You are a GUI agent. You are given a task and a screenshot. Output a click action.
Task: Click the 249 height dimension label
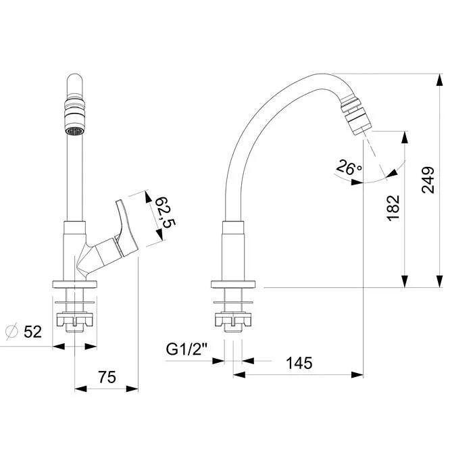coord(428,180)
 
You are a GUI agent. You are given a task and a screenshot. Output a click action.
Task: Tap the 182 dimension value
coord(393,208)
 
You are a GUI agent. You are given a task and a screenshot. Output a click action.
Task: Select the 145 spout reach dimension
coord(299,363)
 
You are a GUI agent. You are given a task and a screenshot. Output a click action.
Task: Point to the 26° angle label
coord(349,167)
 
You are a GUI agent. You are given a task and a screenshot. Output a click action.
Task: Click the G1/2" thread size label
coord(186,349)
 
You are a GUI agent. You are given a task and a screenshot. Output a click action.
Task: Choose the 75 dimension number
coord(107,377)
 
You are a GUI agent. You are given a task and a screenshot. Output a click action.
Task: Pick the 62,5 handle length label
coord(165,212)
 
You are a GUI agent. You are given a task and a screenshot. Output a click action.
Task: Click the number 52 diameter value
coord(32,332)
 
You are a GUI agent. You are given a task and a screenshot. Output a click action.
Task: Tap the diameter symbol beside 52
coord(12,331)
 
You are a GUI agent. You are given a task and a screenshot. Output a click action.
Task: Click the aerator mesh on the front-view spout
coord(74,131)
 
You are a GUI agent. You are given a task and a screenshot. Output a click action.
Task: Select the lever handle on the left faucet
coord(126,226)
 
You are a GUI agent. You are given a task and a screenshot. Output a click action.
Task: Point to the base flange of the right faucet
coord(233,284)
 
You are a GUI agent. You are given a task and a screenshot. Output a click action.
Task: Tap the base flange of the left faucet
coord(74,284)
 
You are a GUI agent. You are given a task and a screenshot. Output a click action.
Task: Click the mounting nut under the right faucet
coord(233,320)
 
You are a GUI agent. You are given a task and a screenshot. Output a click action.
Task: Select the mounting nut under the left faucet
coord(74,320)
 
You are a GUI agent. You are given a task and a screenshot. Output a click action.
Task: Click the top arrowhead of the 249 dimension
coord(440,80)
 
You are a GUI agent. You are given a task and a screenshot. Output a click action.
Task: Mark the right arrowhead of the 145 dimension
coord(357,375)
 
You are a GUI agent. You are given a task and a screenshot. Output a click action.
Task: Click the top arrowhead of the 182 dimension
coord(405,137)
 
